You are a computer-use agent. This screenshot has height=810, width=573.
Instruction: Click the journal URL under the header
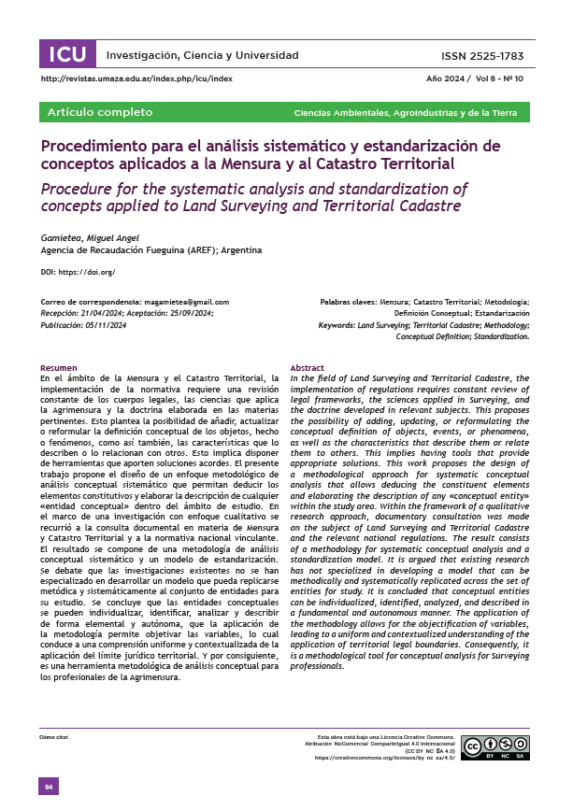(x=137, y=80)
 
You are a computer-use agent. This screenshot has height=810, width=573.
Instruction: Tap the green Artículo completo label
(x=100, y=112)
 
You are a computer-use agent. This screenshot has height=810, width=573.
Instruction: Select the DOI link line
(x=78, y=272)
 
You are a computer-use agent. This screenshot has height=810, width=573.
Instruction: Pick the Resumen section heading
(x=59, y=368)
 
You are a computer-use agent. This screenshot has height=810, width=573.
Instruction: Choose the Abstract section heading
(x=308, y=368)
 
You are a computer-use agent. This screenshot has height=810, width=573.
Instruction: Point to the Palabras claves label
(x=349, y=303)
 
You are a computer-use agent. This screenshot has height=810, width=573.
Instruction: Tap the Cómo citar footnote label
(x=55, y=736)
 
